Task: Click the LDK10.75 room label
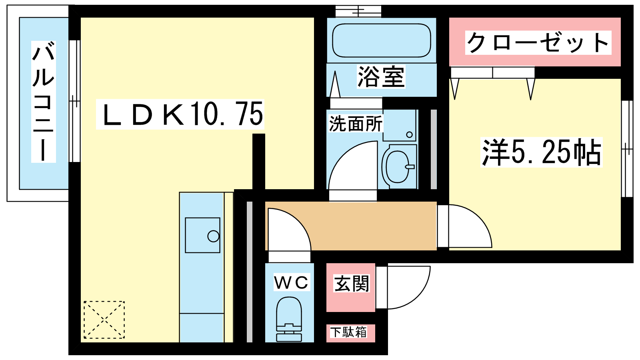coord(180,114)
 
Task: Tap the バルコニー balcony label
coord(44,102)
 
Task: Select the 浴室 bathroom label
coord(381,76)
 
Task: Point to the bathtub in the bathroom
coord(382,40)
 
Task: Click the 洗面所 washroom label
coord(356,124)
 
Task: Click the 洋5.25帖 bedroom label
coord(542,152)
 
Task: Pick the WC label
coord(292,282)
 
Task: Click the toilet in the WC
coord(289,319)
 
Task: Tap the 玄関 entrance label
coord(352,284)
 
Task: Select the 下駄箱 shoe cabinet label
coord(348,332)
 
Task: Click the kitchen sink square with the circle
coord(202,235)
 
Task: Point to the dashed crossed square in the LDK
coord(104,320)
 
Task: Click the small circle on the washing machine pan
coord(409,134)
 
